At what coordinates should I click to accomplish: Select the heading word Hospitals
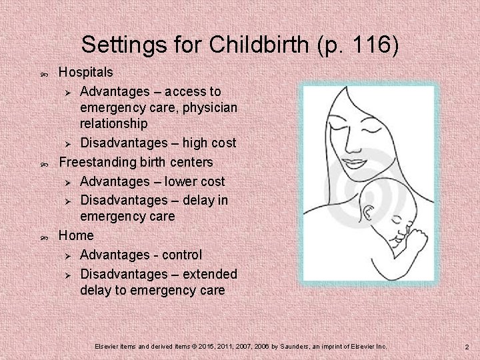pos(86,71)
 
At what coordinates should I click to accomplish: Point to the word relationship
pos(113,123)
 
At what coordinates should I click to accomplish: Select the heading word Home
pos(76,235)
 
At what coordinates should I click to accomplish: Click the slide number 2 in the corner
pos(467,347)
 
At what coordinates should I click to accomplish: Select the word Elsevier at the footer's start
pos(107,347)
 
